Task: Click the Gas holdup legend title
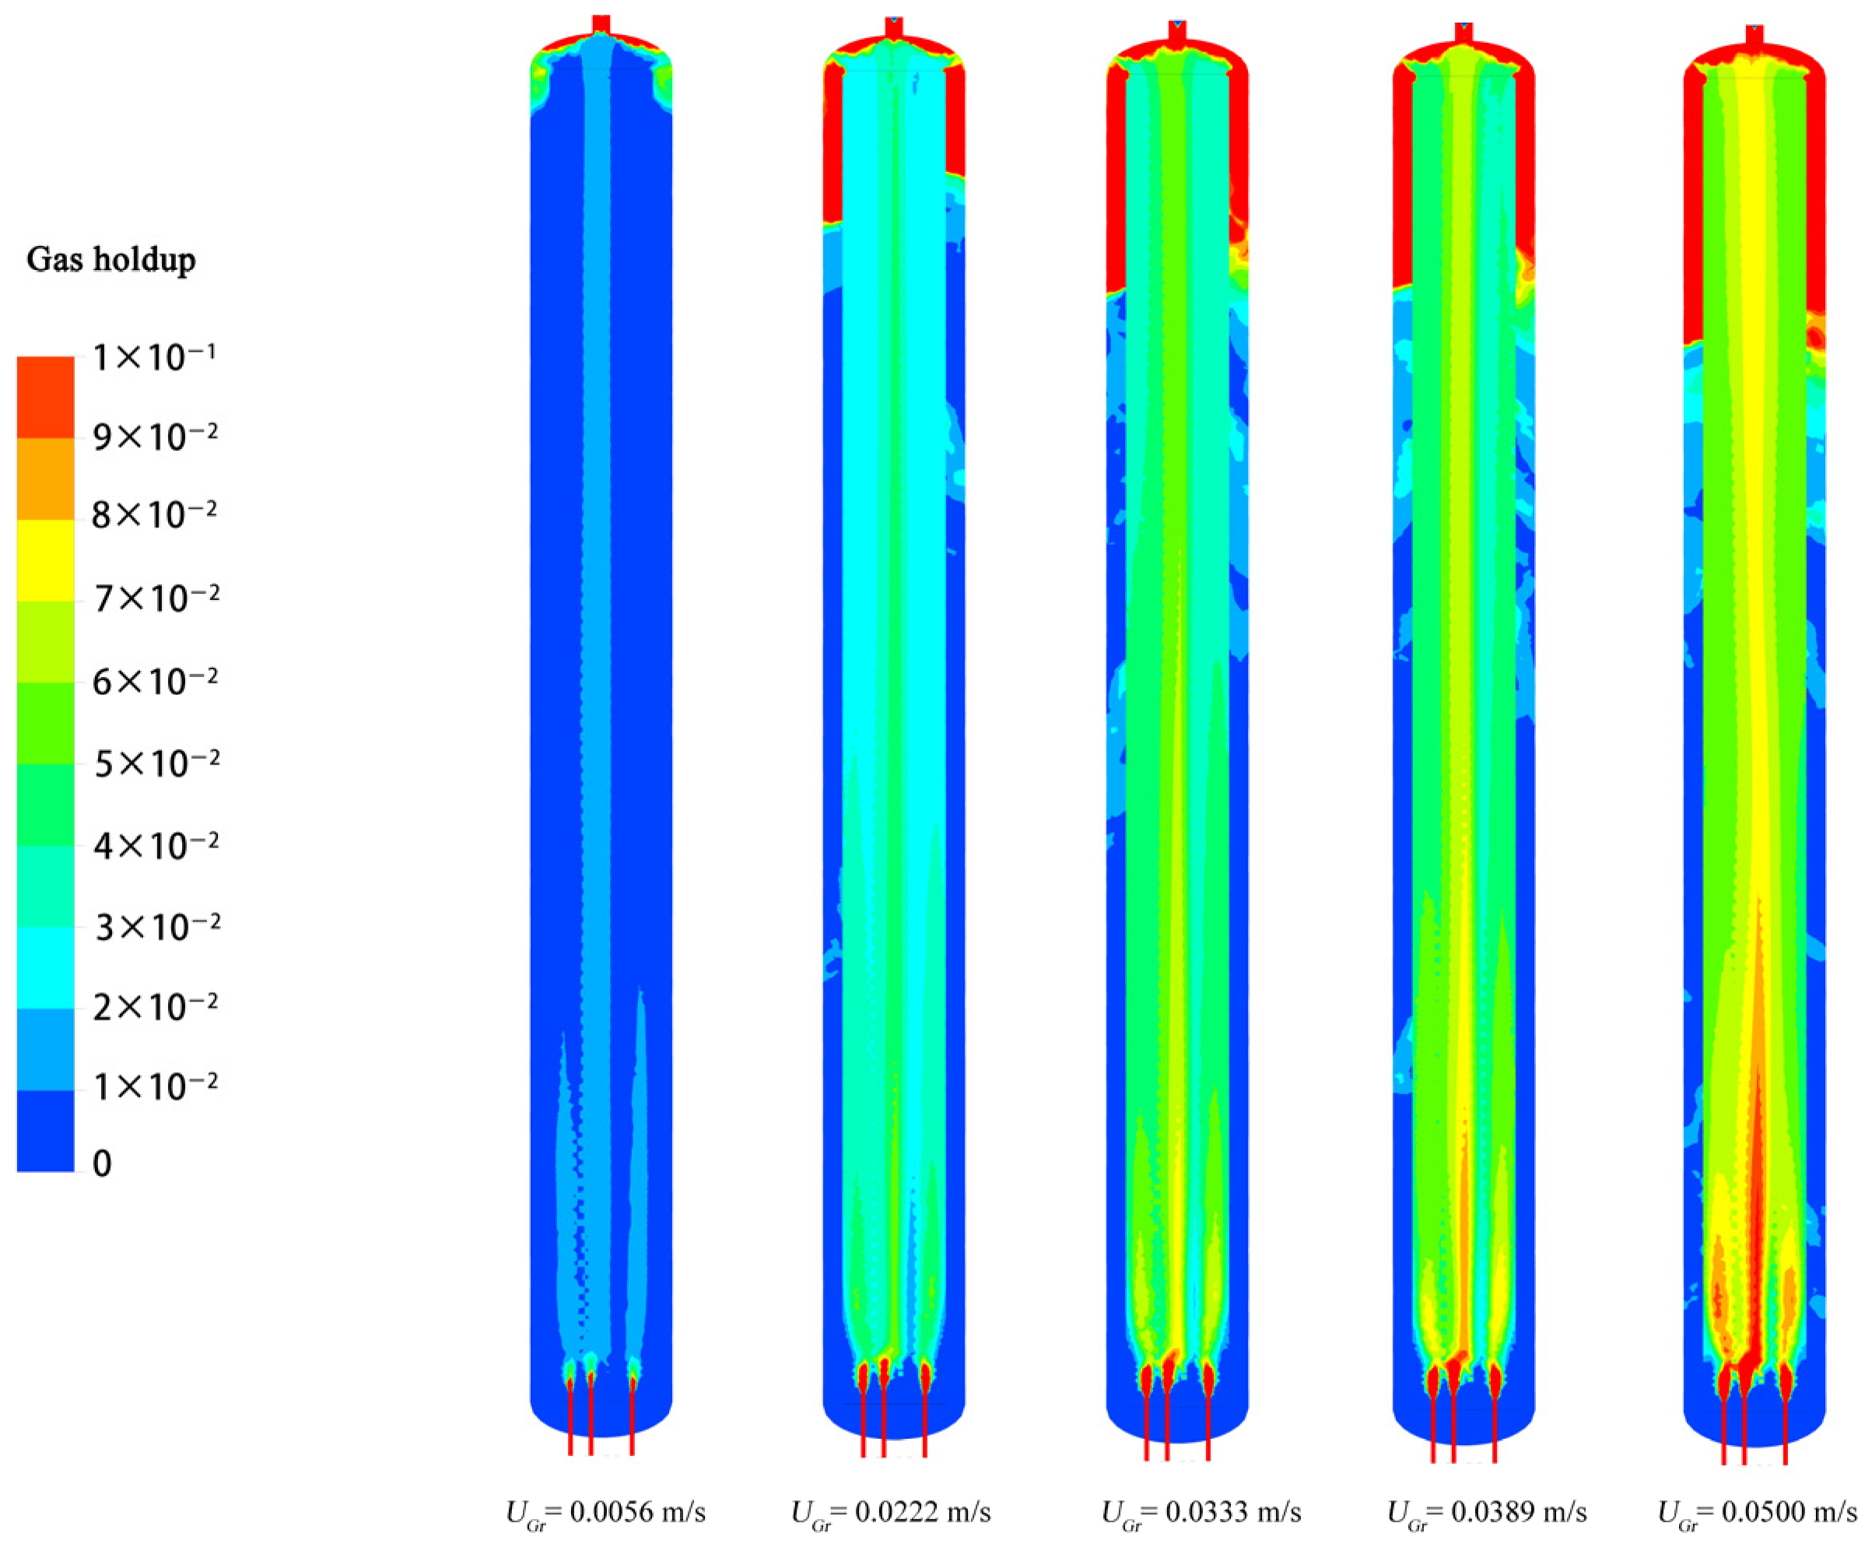(110, 260)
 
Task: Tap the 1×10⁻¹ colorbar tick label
(155, 357)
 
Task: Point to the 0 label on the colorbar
(103, 1164)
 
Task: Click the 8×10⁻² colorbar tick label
(155, 514)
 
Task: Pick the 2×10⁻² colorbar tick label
(155, 1007)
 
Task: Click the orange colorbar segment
(45, 479)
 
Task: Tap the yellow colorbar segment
(45, 560)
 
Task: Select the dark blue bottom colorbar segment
(45, 1131)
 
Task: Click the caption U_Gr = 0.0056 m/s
(606, 1512)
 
